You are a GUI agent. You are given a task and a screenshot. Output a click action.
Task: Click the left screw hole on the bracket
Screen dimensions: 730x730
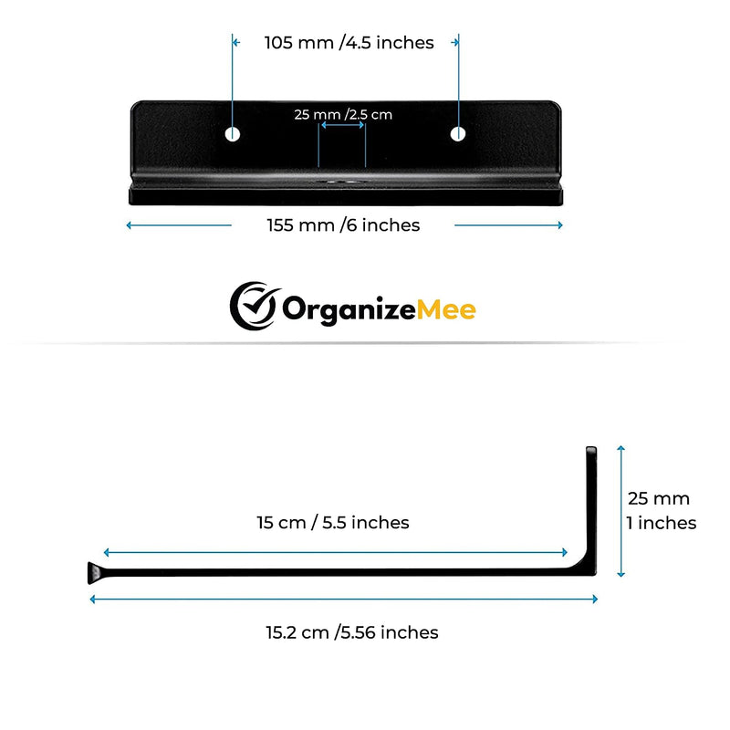click(233, 134)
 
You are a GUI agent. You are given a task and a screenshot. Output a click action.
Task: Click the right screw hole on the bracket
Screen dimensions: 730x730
click(458, 133)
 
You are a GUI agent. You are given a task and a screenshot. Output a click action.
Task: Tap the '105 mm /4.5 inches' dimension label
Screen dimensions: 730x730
click(349, 43)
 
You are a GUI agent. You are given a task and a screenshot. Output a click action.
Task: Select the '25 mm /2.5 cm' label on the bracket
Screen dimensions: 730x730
click(343, 115)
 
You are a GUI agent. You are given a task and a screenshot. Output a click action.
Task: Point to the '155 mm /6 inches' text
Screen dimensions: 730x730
click(343, 225)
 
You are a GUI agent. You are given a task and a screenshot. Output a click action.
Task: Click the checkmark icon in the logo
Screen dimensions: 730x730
click(255, 306)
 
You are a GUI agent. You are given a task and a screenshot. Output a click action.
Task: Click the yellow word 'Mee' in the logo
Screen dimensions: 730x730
click(446, 309)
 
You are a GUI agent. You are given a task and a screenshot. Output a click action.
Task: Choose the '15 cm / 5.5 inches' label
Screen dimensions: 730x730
click(333, 523)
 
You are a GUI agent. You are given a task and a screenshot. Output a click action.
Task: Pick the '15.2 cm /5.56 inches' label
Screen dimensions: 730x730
click(352, 632)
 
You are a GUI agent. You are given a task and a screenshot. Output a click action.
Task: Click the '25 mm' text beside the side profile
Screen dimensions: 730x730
click(659, 498)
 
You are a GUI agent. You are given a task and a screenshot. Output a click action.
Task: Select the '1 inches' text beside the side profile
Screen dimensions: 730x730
click(661, 523)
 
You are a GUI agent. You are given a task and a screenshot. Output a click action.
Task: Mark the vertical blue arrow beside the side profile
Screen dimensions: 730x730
click(620, 511)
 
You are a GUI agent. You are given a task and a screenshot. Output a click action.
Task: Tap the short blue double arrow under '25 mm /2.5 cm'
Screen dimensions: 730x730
click(342, 125)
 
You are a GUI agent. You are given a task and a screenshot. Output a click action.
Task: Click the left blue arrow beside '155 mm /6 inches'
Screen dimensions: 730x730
click(179, 225)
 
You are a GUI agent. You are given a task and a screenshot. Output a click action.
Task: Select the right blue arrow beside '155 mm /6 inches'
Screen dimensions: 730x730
click(509, 225)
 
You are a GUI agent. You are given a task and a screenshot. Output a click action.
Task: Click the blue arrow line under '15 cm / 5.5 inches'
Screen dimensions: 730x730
click(335, 553)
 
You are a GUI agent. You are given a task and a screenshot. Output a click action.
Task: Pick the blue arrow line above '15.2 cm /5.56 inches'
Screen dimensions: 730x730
click(344, 600)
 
